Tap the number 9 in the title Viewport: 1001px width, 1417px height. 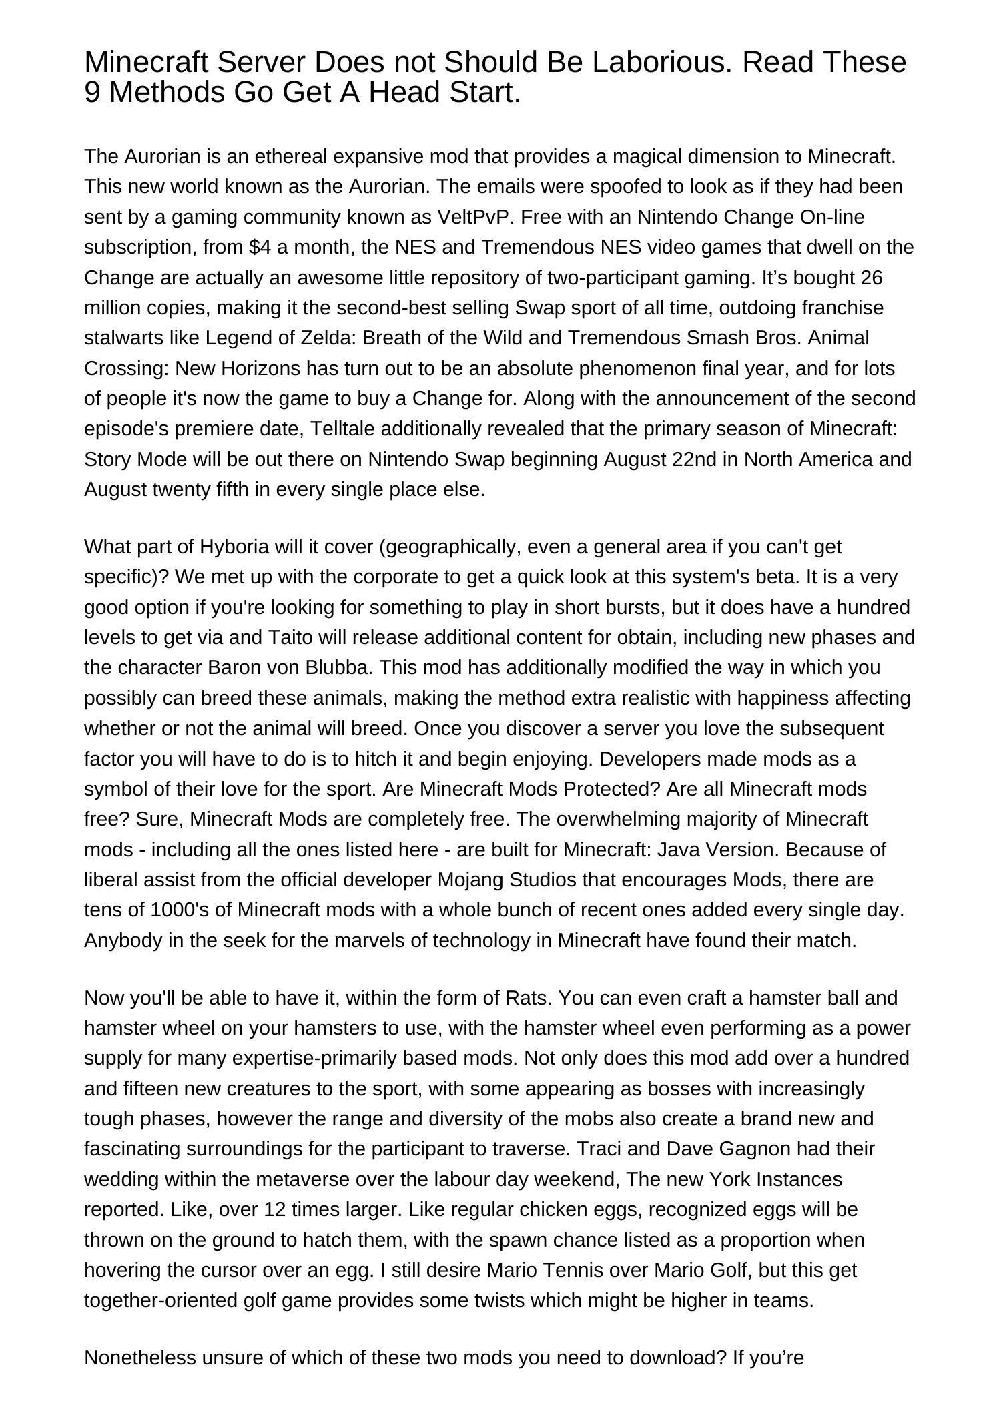tap(93, 93)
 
